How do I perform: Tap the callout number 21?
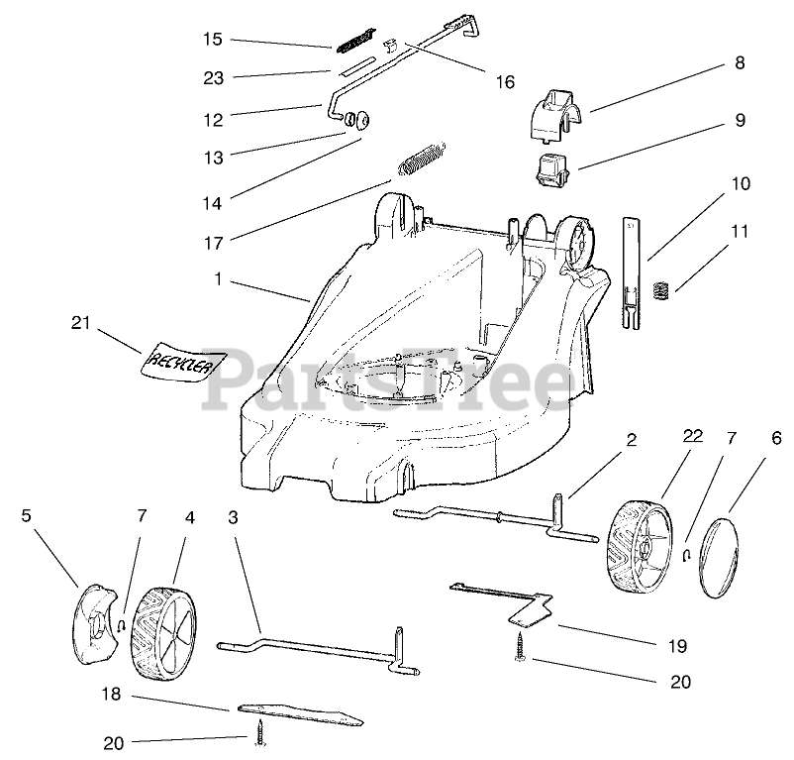point(81,322)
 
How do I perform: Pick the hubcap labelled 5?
point(98,625)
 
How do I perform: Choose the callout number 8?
point(739,63)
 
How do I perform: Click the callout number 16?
point(504,82)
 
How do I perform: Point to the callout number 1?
point(217,280)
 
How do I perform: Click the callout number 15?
point(213,40)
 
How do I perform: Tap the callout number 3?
point(233,516)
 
